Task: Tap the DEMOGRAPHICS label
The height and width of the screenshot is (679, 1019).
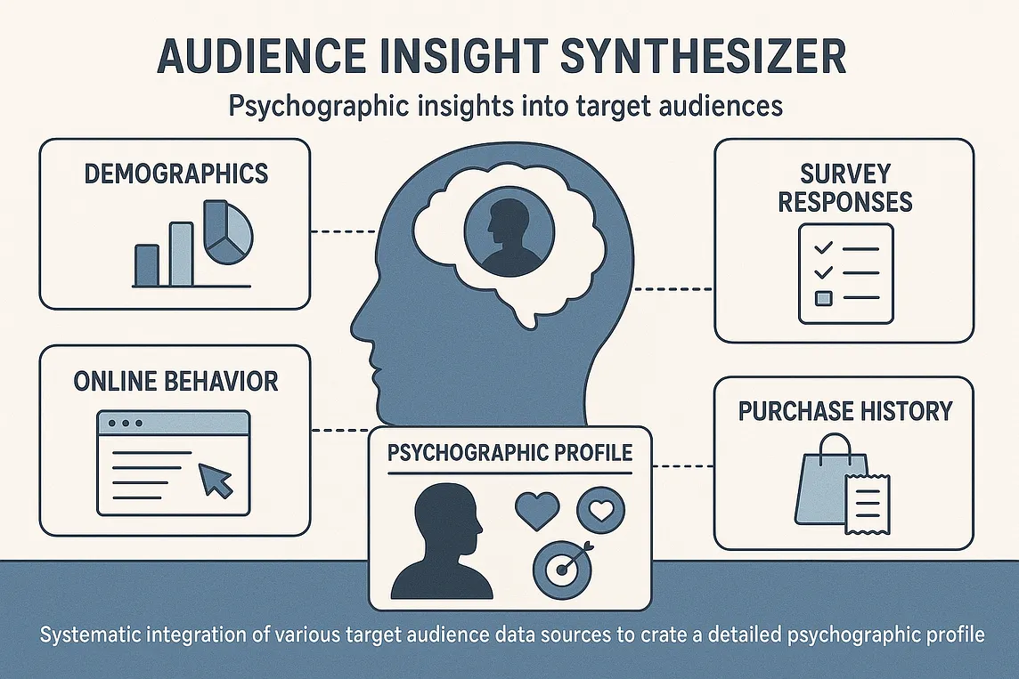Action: [175, 173]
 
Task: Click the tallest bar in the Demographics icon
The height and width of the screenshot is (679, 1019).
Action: [181, 254]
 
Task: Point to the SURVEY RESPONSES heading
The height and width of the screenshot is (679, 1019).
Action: [844, 187]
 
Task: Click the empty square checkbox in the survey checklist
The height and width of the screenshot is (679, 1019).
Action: [824, 298]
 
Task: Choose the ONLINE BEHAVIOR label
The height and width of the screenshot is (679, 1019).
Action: [175, 381]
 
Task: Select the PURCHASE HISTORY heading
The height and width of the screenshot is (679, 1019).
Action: [844, 410]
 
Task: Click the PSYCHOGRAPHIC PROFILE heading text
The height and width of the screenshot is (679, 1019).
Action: [510, 451]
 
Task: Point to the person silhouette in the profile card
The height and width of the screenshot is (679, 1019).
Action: [442, 543]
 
